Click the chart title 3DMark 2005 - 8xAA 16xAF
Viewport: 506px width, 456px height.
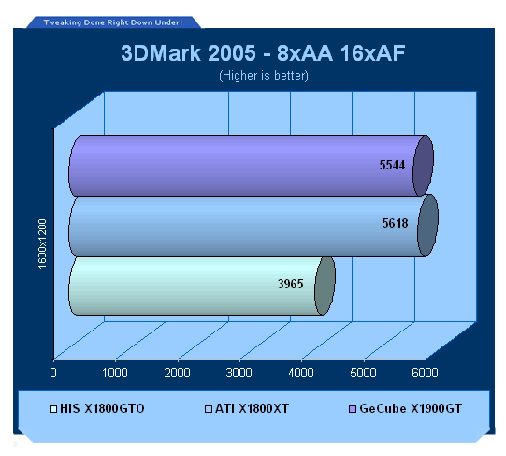tap(263, 53)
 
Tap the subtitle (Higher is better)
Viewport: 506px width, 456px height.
tap(264, 76)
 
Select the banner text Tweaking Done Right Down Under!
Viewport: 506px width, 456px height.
tap(113, 22)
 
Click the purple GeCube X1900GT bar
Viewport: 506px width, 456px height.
tap(251, 166)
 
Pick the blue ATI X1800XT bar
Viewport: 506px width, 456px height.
tap(253, 226)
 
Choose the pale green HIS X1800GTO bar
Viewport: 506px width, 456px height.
tap(202, 286)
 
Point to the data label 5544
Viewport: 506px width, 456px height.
tap(392, 165)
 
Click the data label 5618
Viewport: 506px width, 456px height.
tap(396, 223)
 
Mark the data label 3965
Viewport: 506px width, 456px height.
tap(291, 284)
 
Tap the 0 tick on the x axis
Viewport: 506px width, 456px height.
tap(53, 373)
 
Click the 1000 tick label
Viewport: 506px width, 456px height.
tap(115, 373)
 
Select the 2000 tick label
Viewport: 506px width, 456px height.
tap(177, 373)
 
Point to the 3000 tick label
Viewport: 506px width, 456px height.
tap(239, 373)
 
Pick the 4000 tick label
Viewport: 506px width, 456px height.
tap(301, 373)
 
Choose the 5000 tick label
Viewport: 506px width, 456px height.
tap(363, 373)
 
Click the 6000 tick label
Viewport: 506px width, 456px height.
tap(425, 373)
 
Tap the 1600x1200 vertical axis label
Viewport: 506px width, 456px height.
tap(42, 243)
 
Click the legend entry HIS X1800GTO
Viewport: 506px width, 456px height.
tap(97, 408)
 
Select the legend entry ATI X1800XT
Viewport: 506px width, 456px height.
tap(247, 408)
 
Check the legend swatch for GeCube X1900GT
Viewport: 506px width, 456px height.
tap(353, 409)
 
